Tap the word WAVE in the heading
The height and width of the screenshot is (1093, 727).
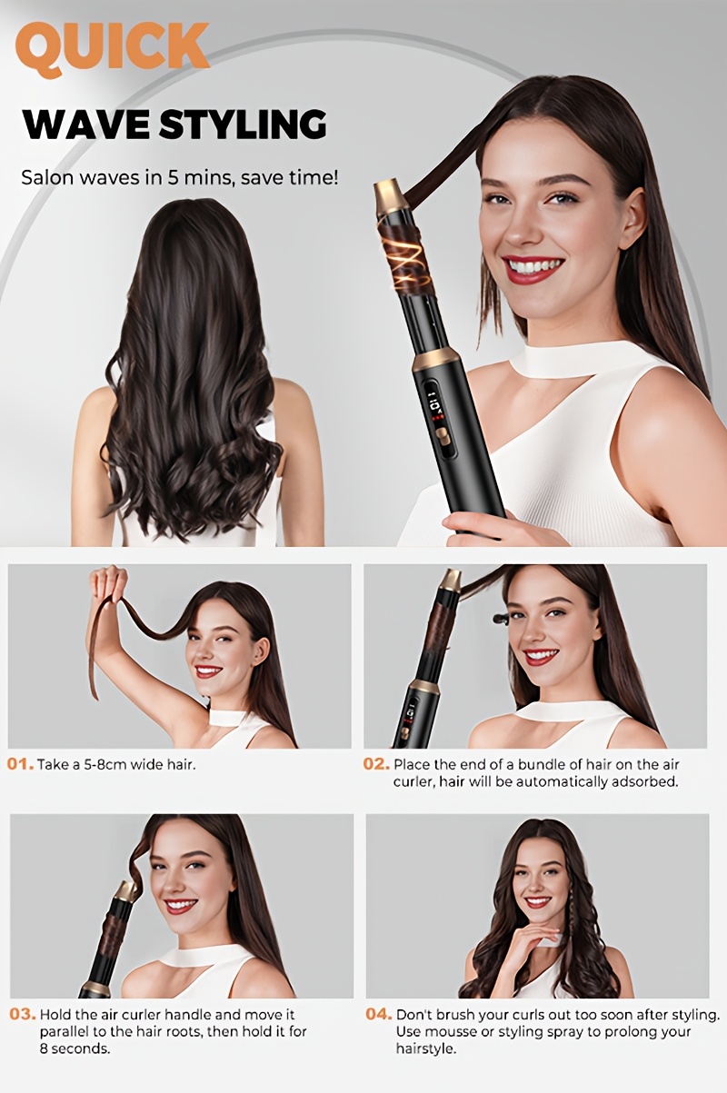(x=86, y=124)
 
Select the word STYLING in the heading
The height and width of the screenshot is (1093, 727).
(x=243, y=124)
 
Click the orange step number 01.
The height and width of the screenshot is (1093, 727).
(x=20, y=764)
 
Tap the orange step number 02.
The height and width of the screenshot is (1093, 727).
(x=376, y=764)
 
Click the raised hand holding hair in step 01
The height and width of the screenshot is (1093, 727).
(x=108, y=584)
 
